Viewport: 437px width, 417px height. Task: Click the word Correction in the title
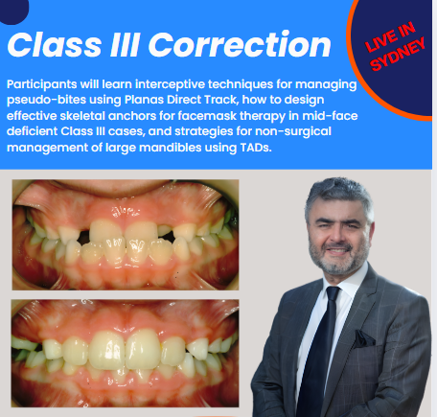coord(240,45)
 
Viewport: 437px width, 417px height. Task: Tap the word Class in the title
coord(55,45)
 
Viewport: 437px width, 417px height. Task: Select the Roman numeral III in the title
coord(125,45)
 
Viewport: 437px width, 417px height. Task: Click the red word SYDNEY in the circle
coord(398,54)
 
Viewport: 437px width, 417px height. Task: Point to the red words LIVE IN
coord(390,36)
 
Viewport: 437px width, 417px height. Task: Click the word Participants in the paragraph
coord(42,84)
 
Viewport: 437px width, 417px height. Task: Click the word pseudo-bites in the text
coord(46,100)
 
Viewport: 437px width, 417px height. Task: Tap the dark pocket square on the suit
coord(363,338)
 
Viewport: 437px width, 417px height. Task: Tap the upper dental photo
coord(126,235)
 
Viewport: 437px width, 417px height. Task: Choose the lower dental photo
coord(125,353)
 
